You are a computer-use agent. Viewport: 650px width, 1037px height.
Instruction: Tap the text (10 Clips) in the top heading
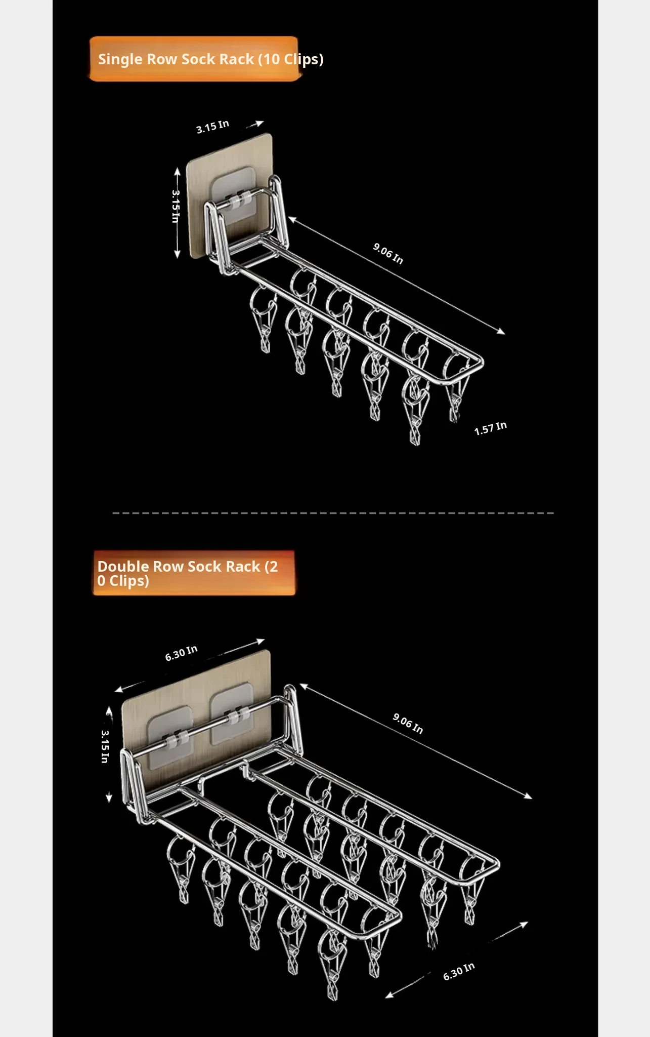click(291, 60)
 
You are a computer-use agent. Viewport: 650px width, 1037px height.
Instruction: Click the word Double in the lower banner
click(123, 567)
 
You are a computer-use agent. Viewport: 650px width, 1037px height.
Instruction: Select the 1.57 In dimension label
click(490, 428)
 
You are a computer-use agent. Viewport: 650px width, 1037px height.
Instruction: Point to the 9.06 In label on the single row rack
click(388, 253)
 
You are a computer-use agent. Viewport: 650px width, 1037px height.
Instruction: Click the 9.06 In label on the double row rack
click(408, 723)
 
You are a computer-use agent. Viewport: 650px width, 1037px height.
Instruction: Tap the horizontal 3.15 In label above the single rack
click(212, 127)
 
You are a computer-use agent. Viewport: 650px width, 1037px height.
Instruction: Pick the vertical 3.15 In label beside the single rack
click(176, 206)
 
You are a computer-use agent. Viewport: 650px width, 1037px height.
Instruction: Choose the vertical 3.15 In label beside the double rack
click(105, 746)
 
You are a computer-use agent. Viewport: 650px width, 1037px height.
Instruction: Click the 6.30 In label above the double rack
click(181, 653)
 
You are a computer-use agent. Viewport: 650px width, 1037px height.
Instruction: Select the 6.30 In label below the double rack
click(459, 971)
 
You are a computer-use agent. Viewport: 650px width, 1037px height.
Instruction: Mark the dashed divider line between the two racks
click(333, 513)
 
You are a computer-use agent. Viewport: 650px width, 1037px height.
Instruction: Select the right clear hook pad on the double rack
click(231, 713)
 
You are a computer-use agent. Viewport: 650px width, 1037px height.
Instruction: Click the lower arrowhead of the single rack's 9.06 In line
click(501, 332)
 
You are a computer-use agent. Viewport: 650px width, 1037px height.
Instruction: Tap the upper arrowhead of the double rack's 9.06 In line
click(304, 686)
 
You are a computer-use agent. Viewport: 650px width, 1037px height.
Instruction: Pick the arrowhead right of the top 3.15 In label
click(259, 123)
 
